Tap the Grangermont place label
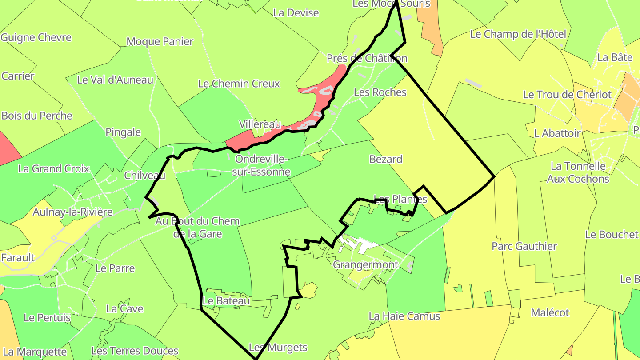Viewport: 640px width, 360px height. coord(365,265)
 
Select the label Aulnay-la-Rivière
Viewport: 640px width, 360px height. coord(73,212)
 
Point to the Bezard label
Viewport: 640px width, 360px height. coord(386,159)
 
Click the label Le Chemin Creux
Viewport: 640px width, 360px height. coord(239,84)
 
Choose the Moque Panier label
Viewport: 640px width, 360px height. coord(160,42)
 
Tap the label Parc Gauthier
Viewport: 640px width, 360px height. coord(524,246)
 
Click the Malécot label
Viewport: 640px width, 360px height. coord(550,313)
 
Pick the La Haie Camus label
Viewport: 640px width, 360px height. coord(404,316)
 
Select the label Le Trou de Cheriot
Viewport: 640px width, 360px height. coord(567,95)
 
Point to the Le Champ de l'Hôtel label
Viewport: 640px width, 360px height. coord(518,34)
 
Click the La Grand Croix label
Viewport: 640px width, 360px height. coord(54,169)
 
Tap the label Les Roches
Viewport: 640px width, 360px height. coord(380,92)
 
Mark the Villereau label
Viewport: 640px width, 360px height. coord(260,124)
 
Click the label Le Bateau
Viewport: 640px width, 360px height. coord(226,301)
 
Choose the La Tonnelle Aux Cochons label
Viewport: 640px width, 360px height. coord(578,172)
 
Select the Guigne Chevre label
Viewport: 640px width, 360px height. coord(36,37)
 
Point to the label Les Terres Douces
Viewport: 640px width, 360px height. coord(135,351)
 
